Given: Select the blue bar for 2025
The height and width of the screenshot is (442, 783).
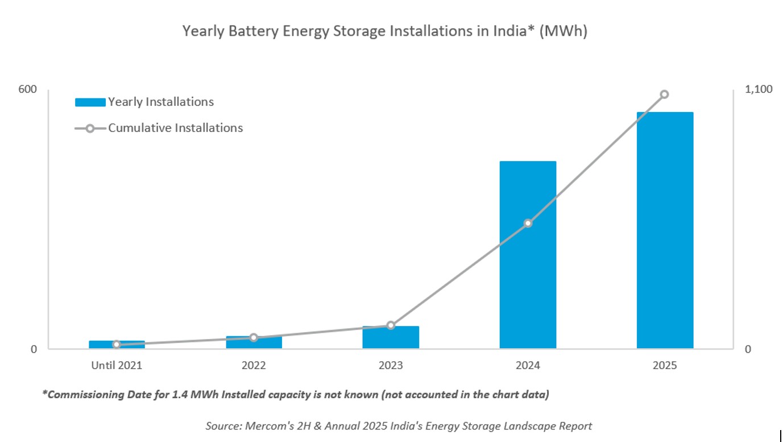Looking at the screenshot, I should (x=665, y=230).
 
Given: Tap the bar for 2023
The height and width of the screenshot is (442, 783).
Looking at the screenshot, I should (x=391, y=338).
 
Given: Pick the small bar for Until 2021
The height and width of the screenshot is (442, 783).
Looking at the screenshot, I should (x=117, y=345).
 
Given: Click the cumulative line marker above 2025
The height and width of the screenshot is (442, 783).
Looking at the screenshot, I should (x=664, y=94).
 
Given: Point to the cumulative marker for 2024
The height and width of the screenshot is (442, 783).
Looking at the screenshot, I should (x=528, y=223).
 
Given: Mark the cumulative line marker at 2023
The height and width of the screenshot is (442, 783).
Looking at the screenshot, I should (x=391, y=325).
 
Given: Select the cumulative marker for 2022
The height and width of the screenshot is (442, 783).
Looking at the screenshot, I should (x=254, y=337).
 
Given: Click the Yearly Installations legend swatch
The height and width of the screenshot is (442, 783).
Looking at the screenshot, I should (x=90, y=102).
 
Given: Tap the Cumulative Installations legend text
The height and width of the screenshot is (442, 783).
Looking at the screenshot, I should (x=175, y=128).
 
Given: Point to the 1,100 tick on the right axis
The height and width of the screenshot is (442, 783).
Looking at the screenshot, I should (x=759, y=89).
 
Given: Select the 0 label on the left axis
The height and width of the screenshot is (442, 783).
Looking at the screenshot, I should (x=34, y=349).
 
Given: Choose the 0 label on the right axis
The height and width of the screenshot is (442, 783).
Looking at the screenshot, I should (x=748, y=349).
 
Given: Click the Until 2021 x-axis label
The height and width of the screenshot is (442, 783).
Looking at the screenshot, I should (x=117, y=366).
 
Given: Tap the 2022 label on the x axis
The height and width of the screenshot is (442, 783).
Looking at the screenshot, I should (x=254, y=366).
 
